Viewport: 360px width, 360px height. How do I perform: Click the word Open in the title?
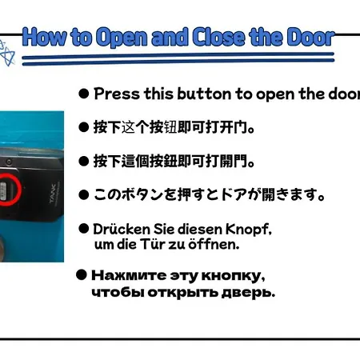coord(122,38)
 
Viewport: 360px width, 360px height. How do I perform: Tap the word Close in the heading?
coord(218,37)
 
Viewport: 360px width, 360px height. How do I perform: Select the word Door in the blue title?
coord(310,37)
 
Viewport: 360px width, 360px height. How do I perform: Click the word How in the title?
coord(45,37)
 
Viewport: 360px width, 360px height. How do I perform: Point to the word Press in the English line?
coord(117,94)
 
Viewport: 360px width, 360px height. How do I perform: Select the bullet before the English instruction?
coord(84,94)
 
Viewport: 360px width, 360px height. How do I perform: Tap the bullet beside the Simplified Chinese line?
coord(84,127)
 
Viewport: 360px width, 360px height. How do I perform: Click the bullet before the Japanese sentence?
coord(84,195)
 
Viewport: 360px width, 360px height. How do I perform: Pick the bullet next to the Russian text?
coord(82,274)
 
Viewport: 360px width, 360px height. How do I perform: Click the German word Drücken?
coord(122,229)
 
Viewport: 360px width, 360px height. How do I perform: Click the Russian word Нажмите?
coord(129,276)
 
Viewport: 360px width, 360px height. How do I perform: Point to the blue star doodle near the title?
coord(7,54)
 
